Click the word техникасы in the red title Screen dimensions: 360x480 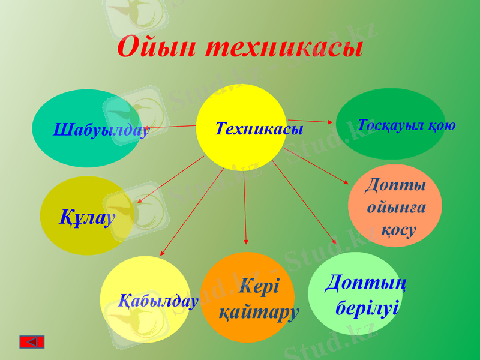click(284, 47)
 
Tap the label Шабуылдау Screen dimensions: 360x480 click(101, 130)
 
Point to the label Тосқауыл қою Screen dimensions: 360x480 click(406, 125)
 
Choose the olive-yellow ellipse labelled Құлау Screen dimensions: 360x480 click(86, 217)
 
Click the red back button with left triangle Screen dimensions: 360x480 click(32, 341)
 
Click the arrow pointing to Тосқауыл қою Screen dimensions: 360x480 click(312, 121)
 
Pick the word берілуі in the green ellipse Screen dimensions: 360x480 click(367, 308)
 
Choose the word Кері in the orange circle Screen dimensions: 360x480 click(259, 286)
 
